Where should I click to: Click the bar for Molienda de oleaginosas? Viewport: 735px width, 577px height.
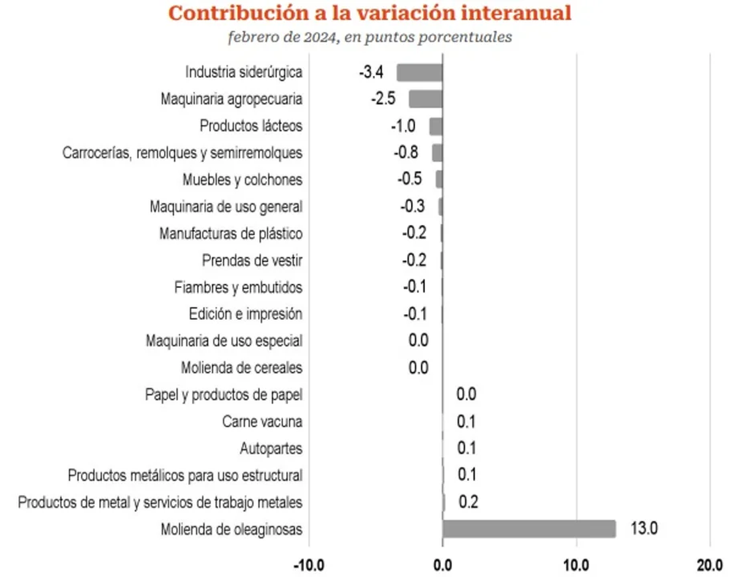(529, 529)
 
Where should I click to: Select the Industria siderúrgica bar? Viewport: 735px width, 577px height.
(420, 72)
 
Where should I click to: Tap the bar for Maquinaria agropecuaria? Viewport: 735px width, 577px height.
(425, 99)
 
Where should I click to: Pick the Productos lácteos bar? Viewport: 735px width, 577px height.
(435, 126)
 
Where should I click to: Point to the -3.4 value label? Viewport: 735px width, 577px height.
(371, 72)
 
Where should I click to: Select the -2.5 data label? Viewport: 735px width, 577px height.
(383, 99)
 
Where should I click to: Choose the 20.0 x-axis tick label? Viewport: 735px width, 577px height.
(709, 565)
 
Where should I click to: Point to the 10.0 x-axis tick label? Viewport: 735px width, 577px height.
(576, 565)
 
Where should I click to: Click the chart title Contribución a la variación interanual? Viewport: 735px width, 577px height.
(370, 13)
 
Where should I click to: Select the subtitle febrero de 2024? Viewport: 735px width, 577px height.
(370, 37)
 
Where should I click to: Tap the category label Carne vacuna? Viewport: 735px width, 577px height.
(262, 421)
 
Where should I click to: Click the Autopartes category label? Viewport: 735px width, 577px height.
(271, 448)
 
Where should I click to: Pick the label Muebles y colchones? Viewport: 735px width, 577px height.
(243, 180)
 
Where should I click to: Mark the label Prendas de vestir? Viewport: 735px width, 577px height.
(252, 260)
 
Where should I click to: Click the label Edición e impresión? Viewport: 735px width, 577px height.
(246, 314)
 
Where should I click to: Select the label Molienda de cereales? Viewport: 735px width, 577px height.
(241, 368)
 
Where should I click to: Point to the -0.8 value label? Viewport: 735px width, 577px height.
(407, 153)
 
